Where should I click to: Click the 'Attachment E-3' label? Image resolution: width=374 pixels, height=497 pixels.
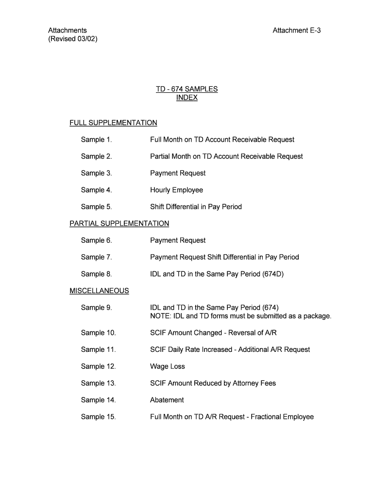click(x=297, y=31)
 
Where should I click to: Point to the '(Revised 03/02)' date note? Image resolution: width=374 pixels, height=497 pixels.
click(x=73, y=39)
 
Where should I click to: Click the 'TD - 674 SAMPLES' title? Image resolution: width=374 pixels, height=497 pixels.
click(x=187, y=89)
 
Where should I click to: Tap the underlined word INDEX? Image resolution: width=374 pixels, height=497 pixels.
click(x=187, y=98)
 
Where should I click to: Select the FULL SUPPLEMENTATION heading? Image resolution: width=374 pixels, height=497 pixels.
click(x=113, y=123)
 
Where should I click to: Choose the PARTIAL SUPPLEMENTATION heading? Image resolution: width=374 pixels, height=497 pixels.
click(x=119, y=224)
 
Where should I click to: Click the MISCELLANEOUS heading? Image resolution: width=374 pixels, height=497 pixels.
click(x=99, y=291)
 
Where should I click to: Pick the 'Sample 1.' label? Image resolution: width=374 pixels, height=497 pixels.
click(x=96, y=140)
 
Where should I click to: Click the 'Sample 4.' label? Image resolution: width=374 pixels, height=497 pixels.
click(x=96, y=190)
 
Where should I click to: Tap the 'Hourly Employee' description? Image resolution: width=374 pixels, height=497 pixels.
click(x=176, y=190)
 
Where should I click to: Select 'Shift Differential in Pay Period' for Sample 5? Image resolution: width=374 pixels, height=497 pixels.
click(x=196, y=207)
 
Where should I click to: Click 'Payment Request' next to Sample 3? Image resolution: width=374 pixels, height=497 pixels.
click(x=178, y=173)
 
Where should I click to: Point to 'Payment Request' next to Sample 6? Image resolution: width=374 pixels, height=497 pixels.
click(x=178, y=240)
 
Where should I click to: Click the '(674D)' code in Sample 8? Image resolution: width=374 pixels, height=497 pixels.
click(x=272, y=274)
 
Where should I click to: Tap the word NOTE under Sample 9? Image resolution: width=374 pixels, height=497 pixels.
click(x=158, y=316)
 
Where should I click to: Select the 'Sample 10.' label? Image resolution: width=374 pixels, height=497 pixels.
click(x=98, y=333)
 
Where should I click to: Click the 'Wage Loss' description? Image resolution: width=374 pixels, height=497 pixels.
click(x=168, y=366)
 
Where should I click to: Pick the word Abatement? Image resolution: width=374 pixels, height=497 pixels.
click(x=167, y=400)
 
